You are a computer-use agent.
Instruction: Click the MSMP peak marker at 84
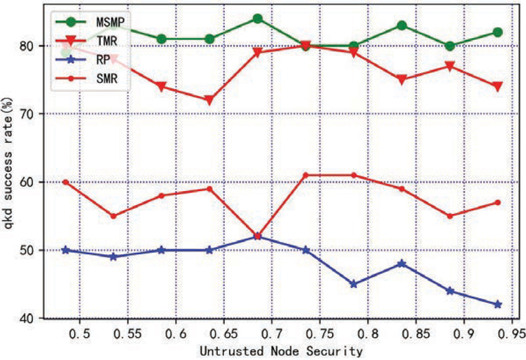[258, 18]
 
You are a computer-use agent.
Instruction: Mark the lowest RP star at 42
[498, 305]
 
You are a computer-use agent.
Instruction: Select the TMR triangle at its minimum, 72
[210, 101]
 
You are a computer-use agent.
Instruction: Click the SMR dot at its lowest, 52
[258, 236]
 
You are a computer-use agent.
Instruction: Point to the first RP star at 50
[65, 250]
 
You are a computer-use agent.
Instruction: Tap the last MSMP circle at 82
[498, 32]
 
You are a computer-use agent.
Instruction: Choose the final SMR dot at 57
[498, 202]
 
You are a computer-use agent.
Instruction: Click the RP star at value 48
[402, 263]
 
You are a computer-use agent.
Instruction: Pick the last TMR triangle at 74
[498, 87]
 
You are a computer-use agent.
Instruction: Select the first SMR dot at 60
[65, 182]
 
